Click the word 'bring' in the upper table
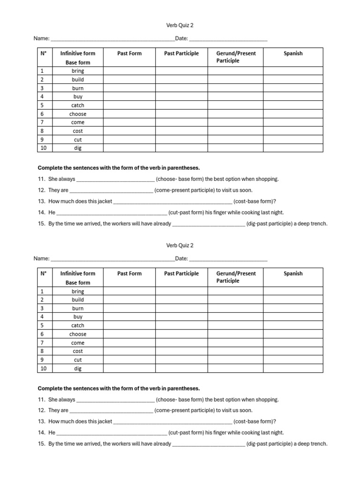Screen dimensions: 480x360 [78, 71]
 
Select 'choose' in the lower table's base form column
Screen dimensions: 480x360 [78, 334]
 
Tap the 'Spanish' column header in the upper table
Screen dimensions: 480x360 [293, 53]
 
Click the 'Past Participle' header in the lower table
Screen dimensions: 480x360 [181, 274]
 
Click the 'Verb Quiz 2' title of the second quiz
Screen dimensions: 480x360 [180, 245]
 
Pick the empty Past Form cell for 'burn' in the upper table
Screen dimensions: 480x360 [129, 88]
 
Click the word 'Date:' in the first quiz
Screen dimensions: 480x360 [181, 38]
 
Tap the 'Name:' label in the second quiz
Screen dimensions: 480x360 [41, 258]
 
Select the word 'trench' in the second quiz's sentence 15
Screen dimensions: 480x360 [318, 444]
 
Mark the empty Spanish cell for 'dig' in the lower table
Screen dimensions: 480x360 [293, 368]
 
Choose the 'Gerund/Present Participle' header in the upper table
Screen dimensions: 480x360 [236, 57]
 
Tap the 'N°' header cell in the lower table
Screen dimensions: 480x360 [43, 274]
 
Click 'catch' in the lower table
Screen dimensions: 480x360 [78, 325]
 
